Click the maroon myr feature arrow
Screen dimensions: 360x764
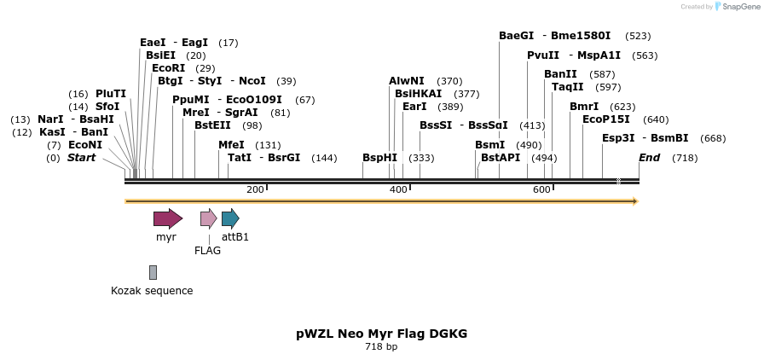pyautogui.click(x=167, y=218)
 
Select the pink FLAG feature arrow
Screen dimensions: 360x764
pyautogui.click(x=208, y=218)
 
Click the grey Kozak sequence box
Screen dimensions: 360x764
pyautogui.click(x=153, y=272)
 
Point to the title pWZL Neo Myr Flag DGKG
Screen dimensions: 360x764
pyautogui.click(x=381, y=334)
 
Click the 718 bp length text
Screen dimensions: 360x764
pyautogui.click(x=381, y=347)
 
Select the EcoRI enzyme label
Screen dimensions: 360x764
pyautogui.click(x=168, y=68)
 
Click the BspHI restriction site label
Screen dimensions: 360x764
pyautogui.click(x=379, y=158)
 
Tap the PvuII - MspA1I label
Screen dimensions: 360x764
pyautogui.click(x=574, y=55)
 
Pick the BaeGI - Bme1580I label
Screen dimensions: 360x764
pyautogui.click(x=554, y=36)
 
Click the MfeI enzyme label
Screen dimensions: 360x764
pyautogui.click(x=231, y=145)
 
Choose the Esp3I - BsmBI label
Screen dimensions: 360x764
pyautogui.click(x=645, y=138)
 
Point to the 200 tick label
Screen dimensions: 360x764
pyautogui.click(x=255, y=189)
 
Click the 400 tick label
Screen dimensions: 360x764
pyautogui.click(x=398, y=189)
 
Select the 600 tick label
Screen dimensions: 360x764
pyautogui.click(x=541, y=189)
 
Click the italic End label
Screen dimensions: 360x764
pyautogui.click(x=649, y=158)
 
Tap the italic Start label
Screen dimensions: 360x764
pyautogui.click(x=81, y=158)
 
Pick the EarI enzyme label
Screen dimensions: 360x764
pyautogui.click(x=414, y=107)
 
